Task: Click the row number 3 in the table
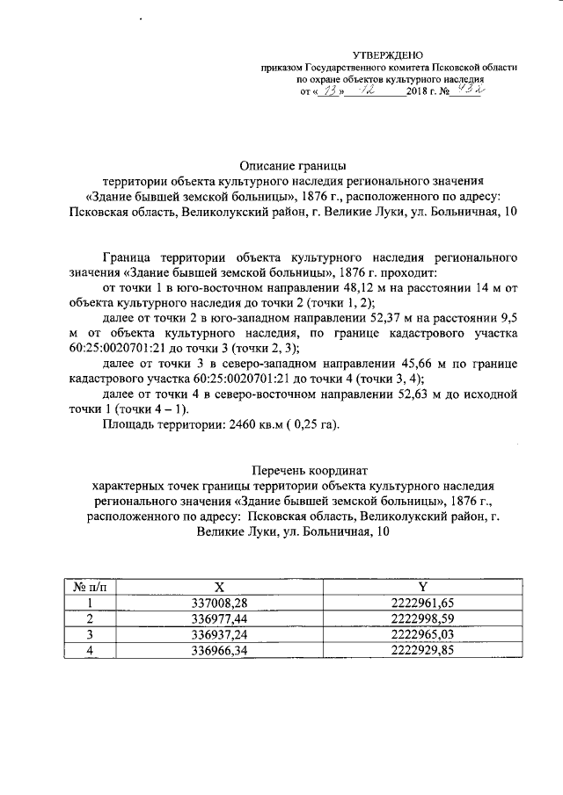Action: point(90,635)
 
